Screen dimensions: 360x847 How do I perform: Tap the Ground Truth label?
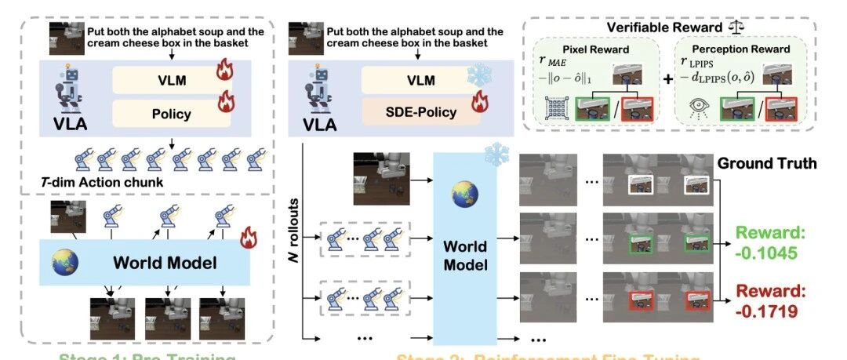point(767,164)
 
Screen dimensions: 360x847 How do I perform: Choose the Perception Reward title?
point(740,49)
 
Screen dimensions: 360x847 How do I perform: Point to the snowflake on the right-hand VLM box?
point(478,76)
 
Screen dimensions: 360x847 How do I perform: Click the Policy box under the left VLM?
point(171,114)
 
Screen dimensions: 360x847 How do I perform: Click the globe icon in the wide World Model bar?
point(64,261)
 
